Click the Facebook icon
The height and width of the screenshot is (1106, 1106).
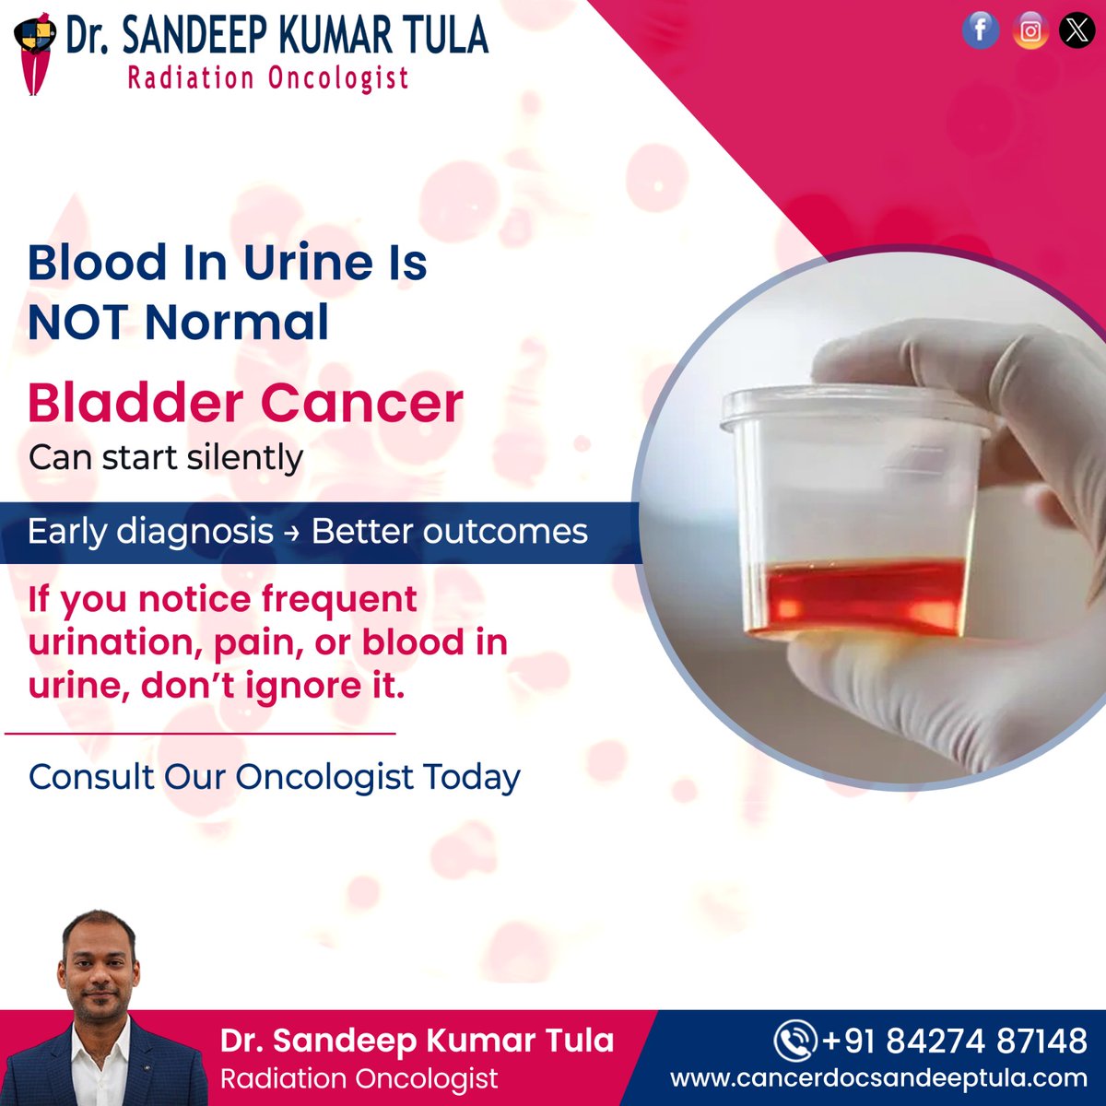(981, 31)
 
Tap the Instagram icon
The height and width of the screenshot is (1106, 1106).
(1030, 31)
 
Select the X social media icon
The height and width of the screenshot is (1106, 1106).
(1077, 31)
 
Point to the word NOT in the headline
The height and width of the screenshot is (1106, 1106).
(77, 323)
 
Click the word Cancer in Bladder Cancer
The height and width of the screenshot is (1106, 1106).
(361, 403)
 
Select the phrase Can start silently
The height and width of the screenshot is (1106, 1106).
(166, 457)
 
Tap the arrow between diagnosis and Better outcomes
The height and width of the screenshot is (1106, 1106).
(292, 533)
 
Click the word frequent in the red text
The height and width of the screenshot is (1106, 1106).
(338, 599)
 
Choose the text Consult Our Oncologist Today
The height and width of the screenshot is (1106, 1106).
(274, 777)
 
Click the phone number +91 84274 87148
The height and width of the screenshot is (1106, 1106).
(953, 1041)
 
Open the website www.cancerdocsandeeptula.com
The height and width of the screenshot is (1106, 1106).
(878, 1078)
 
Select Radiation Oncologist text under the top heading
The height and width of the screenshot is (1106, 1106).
(267, 78)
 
